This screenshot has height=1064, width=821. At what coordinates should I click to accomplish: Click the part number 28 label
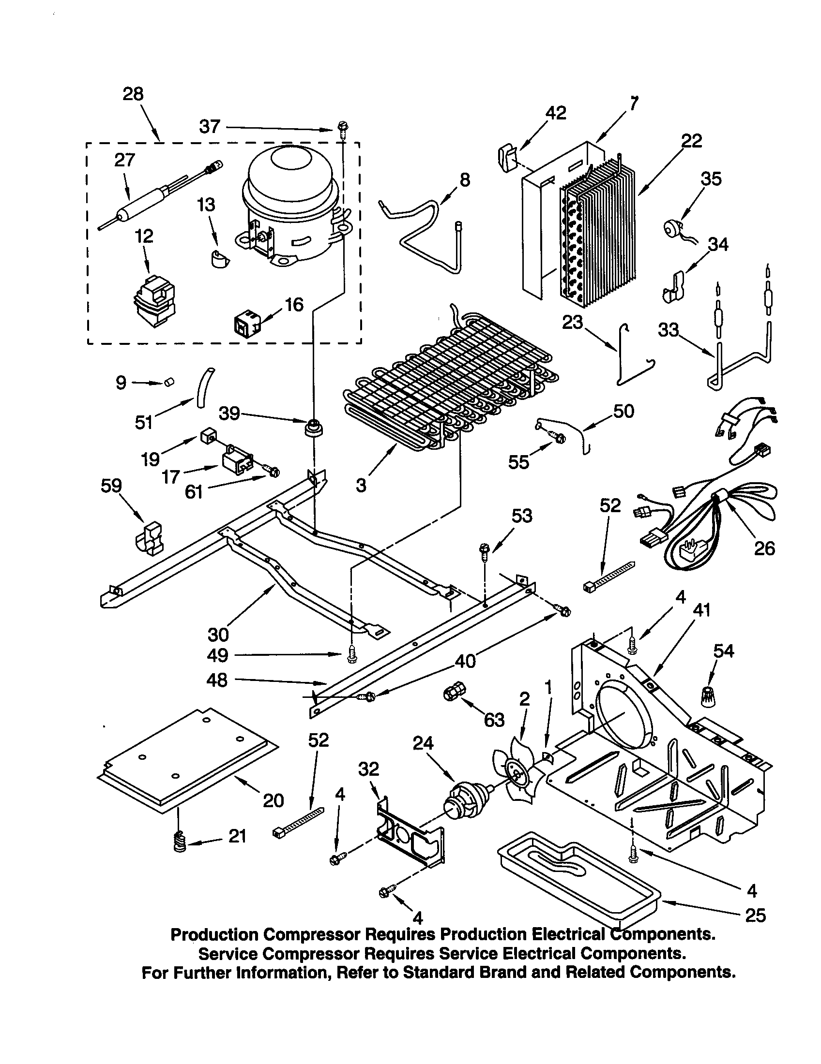click(133, 93)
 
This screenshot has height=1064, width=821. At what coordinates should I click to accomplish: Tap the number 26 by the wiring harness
click(763, 548)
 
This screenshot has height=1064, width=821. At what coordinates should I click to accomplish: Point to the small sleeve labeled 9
click(169, 382)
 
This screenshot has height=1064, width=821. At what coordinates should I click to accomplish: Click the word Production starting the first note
click(214, 934)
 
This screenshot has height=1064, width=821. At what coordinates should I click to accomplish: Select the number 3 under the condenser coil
click(361, 485)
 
